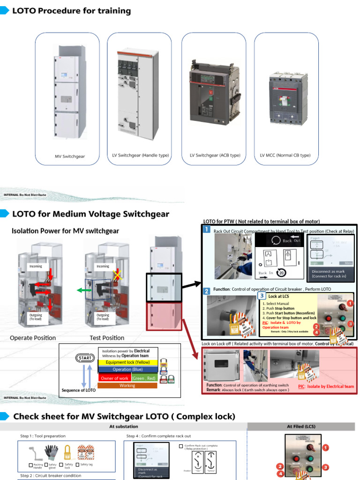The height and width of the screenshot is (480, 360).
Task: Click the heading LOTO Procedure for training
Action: [x=71, y=11]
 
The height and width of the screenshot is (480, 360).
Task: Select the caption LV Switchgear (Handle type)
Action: [x=141, y=155]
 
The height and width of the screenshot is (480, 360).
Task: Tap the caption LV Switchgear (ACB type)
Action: [x=215, y=155]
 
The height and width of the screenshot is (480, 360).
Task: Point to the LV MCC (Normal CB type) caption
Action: [x=285, y=155]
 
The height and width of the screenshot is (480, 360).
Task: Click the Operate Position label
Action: [x=33, y=337]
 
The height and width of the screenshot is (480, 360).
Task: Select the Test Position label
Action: [x=107, y=337]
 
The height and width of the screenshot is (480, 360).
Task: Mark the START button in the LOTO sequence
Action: [x=85, y=359]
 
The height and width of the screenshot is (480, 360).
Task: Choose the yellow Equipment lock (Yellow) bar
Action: [x=127, y=362]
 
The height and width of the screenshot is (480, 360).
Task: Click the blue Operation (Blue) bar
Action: [x=127, y=369]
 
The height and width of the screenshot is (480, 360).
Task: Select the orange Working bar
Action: [x=127, y=385]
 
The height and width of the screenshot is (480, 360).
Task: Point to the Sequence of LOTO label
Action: [x=79, y=390]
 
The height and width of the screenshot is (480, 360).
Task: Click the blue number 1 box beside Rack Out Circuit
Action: [x=207, y=229]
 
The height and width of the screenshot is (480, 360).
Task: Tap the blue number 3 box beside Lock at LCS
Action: [x=261, y=296]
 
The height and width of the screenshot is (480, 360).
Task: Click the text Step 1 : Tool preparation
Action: [x=43, y=436]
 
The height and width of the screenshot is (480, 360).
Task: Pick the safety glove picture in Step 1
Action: [x=52, y=453]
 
